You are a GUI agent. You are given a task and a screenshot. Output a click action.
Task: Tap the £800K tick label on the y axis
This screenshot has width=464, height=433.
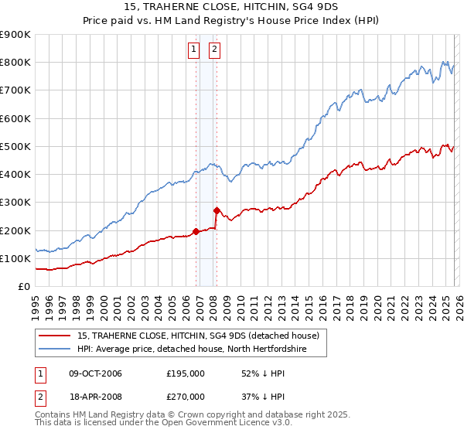(x=15, y=62)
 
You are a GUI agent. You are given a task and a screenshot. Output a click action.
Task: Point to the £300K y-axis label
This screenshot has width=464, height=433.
(x=15, y=203)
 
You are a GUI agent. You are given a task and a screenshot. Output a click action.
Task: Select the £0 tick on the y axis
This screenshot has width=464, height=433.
(x=23, y=286)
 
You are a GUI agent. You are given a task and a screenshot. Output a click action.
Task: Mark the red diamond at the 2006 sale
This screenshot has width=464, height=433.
(x=196, y=231)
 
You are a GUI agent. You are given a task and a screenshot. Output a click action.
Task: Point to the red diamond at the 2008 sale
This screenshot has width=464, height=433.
(x=217, y=210)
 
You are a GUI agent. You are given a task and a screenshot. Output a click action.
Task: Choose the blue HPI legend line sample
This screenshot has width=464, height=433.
(x=56, y=349)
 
